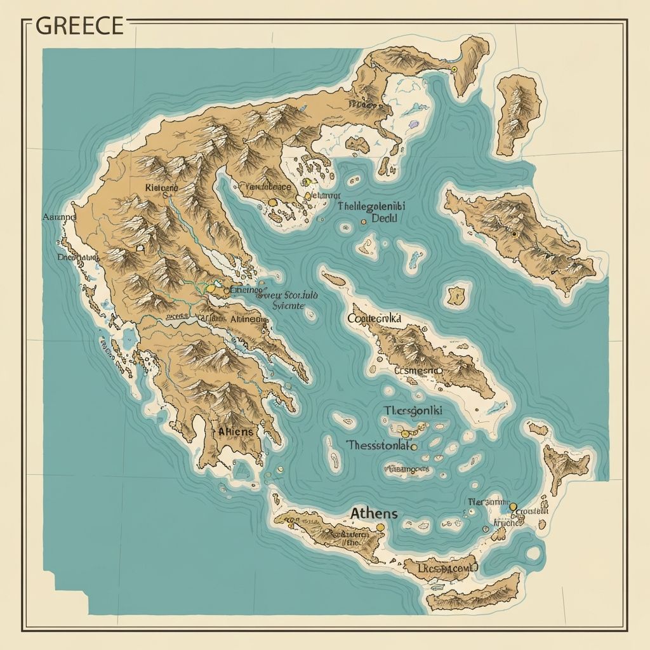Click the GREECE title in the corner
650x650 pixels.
pyautogui.click(x=79, y=26)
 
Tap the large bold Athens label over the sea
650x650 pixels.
pyautogui.click(x=374, y=513)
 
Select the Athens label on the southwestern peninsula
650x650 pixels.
pyautogui.click(x=235, y=432)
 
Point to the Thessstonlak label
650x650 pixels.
pyautogui.click(x=377, y=446)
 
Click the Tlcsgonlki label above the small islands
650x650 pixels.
pyautogui.click(x=413, y=411)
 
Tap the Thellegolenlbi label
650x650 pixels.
pyautogui.click(x=372, y=206)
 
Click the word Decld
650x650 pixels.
pyautogui.click(x=384, y=218)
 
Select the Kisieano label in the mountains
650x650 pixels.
pyautogui.click(x=162, y=189)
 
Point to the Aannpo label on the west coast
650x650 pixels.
pyautogui.click(x=58, y=216)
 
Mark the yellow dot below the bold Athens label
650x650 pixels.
pyautogui.click(x=380, y=527)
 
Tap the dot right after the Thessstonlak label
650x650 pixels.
pyautogui.click(x=415, y=447)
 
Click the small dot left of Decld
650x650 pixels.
pyautogui.click(x=364, y=222)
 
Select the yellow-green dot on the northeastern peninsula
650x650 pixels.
pyautogui.click(x=454, y=69)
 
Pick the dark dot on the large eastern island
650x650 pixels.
pyautogui.click(x=514, y=234)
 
